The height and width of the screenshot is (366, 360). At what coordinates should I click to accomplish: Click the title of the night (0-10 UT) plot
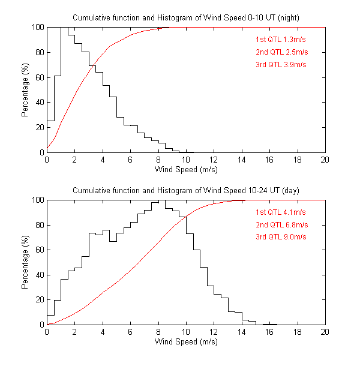(x=185, y=17)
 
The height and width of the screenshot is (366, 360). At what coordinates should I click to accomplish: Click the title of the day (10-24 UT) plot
(x=185, y=190)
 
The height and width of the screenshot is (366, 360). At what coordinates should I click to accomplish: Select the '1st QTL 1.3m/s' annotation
(x=281, y=40)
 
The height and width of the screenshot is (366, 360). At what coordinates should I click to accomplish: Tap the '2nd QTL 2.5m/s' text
(x=281, y=52)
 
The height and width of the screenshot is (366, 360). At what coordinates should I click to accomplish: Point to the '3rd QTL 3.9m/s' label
(x=281, y=64)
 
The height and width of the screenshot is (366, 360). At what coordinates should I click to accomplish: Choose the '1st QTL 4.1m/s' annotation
(x=281, y=213)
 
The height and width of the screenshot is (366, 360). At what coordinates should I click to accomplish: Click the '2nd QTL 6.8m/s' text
(x=281, y=225)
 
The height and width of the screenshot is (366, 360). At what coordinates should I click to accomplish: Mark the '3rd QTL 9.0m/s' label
(x=281, y=237)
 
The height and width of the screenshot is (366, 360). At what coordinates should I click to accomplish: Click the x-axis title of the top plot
(x=186, y=169)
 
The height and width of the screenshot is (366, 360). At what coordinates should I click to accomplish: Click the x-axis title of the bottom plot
(x=186, y=342)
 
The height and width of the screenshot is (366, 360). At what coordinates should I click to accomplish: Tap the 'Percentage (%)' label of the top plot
(x=25, y=90)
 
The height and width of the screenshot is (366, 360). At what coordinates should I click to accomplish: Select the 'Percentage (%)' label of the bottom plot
(x=25, y=263)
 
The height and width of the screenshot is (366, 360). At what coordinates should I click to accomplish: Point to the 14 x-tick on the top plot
(x=241, y=160)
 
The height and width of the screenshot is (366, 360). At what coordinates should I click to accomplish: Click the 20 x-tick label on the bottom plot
(x=325, y=332)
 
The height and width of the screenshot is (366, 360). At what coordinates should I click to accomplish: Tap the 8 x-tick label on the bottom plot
(x=158, y=332)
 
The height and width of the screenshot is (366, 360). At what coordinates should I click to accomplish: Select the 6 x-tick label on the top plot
(x=130, y=160)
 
